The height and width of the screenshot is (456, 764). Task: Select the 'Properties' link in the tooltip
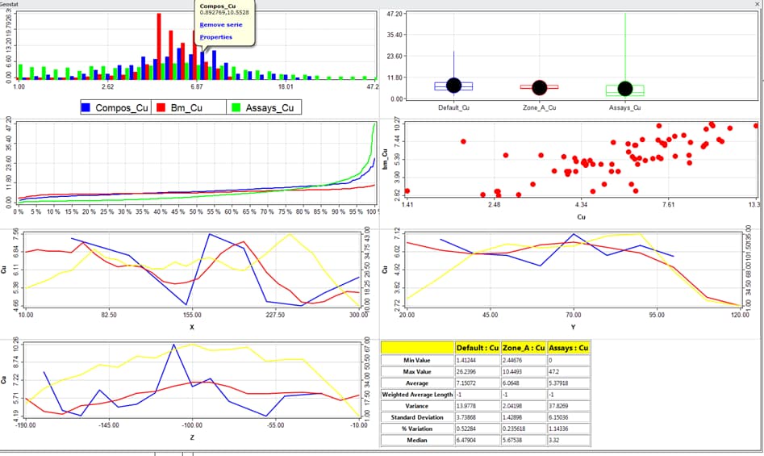(215, 36)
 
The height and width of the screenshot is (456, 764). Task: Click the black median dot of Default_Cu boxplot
(453, 86)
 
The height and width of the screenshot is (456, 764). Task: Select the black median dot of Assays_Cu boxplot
(624, 89)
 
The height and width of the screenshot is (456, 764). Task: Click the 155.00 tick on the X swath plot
(192, 316)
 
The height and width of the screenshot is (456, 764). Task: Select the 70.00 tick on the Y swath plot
(574, 316)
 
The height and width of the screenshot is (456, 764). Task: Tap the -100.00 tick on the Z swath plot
(192, 425)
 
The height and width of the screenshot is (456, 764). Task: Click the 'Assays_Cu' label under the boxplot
(624, 107)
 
